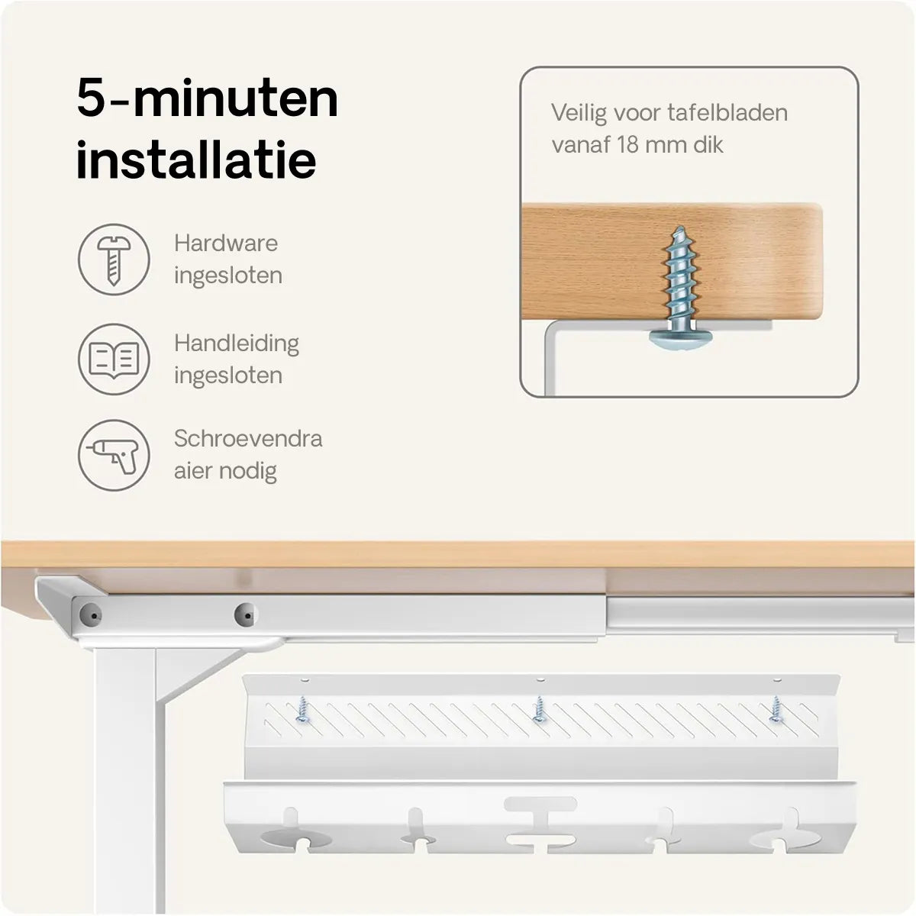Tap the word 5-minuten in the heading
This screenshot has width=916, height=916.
(208, 98)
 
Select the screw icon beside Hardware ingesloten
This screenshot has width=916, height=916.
(114, 260)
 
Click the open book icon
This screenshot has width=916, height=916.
(114, 359)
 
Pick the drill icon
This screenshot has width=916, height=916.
(114, 455)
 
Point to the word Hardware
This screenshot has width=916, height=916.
(226, 244)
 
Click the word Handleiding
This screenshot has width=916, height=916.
(236, 344)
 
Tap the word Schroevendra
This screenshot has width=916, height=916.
(248, 438)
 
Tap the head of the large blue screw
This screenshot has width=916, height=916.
(681, 340)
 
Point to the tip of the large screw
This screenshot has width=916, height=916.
(681, 227)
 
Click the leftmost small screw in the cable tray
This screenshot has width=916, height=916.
(302, 710)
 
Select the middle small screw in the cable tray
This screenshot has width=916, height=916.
(539, 709)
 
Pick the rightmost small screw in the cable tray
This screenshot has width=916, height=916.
(776, 709)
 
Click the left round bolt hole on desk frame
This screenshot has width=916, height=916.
(90, 615)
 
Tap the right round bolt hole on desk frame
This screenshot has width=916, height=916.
(246, 614)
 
